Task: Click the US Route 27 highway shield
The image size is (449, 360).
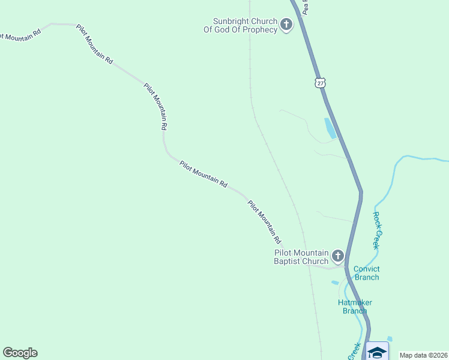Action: [x=321, y=83]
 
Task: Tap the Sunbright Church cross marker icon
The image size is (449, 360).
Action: [x=286, y=25]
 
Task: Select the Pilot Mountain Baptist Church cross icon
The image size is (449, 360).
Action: [x=337, y=257]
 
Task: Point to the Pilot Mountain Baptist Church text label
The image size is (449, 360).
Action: [x=301, y=257]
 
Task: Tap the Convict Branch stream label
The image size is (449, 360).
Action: [x=366, y=273]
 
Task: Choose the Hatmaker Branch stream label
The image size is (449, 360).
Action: [x=355, y=306]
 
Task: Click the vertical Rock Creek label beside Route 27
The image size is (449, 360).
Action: [x=376, y=230]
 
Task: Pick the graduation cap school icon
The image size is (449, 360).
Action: [x=377, y=352]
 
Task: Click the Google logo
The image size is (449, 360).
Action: [x=20, y=353]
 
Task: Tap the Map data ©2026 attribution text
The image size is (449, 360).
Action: [x=423, y=355]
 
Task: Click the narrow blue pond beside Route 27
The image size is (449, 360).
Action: [x=330, y=128]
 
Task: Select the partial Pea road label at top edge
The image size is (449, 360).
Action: [x=306, y=7]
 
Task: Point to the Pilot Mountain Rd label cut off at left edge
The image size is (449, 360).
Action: [x=20, y=34]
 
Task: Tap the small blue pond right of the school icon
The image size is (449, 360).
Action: [x=390, y=340]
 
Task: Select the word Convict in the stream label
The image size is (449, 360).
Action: [x=366, y=269]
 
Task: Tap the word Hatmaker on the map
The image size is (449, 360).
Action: [x=355, y=302]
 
